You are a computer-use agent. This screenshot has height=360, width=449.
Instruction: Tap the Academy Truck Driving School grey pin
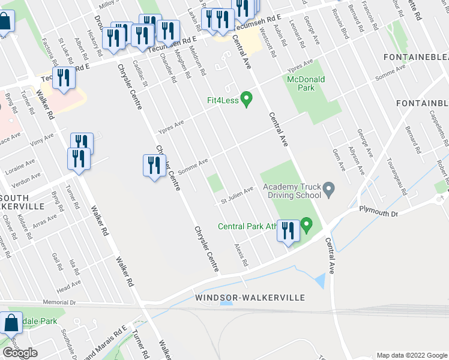(x=328, y=190)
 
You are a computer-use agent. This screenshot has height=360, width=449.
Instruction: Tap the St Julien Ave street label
(x=235, y=195)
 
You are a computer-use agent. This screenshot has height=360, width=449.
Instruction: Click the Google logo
(x=20, y=353)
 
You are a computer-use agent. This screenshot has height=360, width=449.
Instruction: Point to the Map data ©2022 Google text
(x=411, y=355)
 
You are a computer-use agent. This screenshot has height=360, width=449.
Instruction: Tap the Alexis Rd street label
(x=241, y=254)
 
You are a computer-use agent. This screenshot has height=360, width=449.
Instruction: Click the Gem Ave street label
(x=339, y=157)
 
